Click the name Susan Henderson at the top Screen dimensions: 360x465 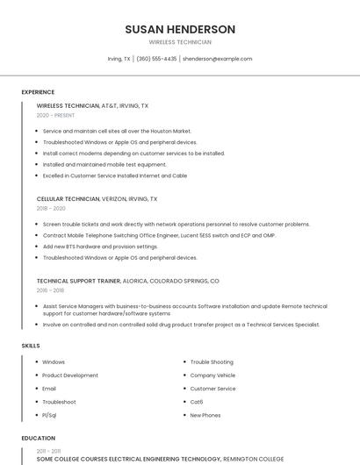click(180, 29)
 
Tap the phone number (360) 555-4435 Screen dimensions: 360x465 click(156, 59)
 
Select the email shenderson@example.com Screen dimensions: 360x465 click(217, 59)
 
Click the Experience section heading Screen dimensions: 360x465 click(38, 92)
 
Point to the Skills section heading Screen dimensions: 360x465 click(31, 346)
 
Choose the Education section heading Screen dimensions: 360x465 click(38, 438)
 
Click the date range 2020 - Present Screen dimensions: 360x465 click(55, 115)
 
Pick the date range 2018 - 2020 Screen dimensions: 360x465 click(51, 209)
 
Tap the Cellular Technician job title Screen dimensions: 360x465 click(68, 199)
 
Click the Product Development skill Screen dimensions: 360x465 click(70, 376)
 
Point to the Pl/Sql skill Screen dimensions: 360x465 click(50, 415)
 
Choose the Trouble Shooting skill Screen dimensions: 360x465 click(212, 362)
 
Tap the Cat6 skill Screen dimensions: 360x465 click(197, 402)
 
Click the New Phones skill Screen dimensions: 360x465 click(205, 415)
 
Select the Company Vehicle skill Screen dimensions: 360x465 click(212, 376)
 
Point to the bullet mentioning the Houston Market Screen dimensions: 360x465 click(117, 131)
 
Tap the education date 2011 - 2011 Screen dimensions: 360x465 click(48, 450)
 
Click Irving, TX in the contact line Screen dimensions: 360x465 click(119, 59)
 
